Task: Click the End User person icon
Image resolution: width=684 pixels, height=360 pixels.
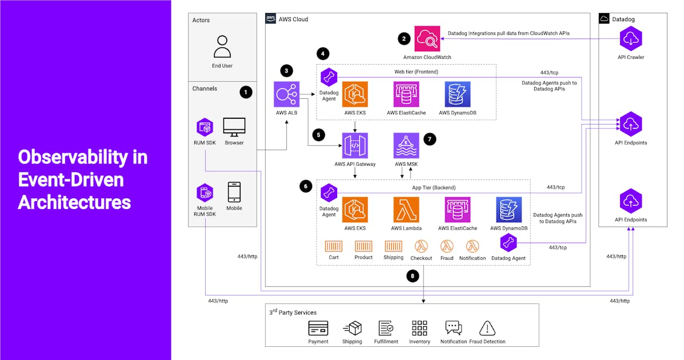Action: pos(222,46)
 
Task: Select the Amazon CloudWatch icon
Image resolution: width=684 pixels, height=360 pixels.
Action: pos(427,39)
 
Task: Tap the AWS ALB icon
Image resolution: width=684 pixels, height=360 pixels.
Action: pos(287,94)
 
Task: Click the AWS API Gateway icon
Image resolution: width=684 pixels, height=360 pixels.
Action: pos(355,146)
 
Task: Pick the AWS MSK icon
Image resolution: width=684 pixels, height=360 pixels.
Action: pos(406,146)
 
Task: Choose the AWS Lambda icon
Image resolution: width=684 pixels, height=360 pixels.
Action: pos(406,210)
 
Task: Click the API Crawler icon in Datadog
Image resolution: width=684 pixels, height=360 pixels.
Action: pos(631,39)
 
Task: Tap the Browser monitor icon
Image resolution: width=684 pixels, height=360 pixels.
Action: pos(234,127)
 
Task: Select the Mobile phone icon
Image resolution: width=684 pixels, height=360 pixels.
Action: pos(234,192)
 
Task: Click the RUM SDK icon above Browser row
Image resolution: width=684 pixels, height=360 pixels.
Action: pos(205,128)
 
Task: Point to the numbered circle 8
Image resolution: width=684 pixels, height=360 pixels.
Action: pos(413,276)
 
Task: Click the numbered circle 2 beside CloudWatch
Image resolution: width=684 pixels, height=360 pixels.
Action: pos(404,39)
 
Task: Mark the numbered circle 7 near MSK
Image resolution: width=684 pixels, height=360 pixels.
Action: pos(430,139)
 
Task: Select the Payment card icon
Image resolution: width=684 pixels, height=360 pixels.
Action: pos(318,328)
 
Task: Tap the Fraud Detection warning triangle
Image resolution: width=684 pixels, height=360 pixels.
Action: pos(487,328)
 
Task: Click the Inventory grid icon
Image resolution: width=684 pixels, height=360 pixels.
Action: pos(419,328)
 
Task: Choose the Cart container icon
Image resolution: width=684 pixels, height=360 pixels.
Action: pos(334,246)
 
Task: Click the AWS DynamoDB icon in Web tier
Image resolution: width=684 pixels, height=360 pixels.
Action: pos(458,94)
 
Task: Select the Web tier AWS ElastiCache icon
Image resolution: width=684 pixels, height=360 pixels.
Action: pos(406,94)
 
